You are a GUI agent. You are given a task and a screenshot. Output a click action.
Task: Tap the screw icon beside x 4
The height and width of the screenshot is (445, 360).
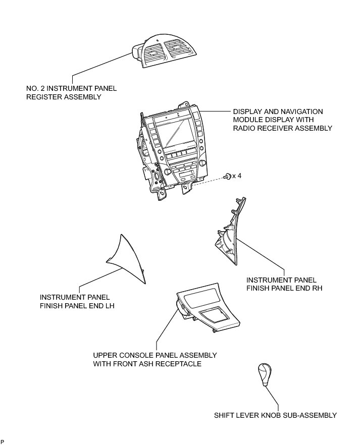point(228,176)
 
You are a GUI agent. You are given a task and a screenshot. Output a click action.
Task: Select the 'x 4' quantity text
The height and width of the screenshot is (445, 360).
point(237,176)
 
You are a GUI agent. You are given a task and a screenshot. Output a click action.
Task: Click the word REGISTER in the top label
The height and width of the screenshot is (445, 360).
point(43,97)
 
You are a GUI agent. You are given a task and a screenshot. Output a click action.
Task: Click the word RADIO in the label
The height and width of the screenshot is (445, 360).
point(244,128)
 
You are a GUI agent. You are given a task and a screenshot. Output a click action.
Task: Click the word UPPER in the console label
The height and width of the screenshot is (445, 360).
point(105,355)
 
